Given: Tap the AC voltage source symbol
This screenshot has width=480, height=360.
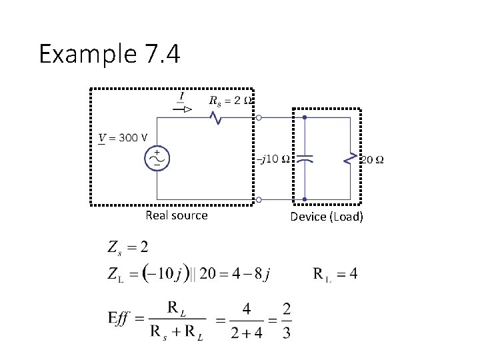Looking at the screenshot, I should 158,158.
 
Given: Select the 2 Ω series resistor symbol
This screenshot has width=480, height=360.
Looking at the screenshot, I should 216,117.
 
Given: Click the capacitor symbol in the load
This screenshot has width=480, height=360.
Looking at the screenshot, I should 305,159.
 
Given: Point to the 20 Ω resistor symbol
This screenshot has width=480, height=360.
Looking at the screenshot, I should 348,159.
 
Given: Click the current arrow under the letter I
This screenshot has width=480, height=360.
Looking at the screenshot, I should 182,109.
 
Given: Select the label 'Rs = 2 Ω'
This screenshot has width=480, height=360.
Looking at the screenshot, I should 230,101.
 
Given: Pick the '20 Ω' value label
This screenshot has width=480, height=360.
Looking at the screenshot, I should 371,159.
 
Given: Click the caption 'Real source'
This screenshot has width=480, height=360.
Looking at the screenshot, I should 177,215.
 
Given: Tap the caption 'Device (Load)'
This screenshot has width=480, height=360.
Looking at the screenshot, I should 327,217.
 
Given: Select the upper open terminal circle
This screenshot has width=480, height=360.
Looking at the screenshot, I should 259,117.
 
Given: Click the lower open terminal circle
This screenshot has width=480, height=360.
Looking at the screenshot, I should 259,199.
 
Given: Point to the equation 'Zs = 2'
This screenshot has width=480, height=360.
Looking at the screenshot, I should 128,247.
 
